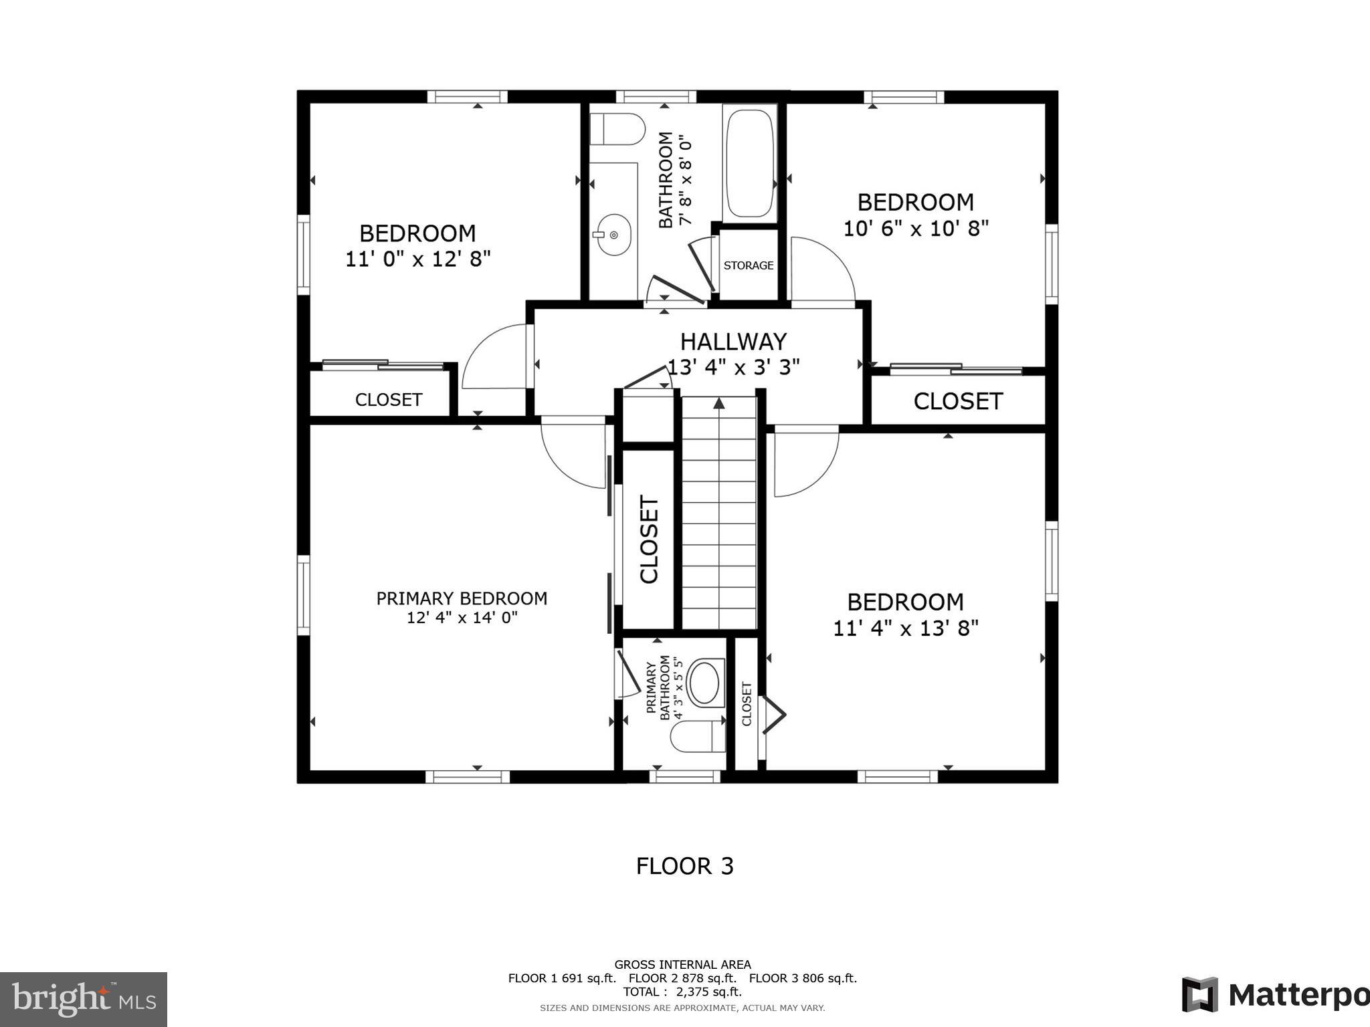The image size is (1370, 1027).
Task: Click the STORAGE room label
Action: pyautogui.click(x=748, y=265)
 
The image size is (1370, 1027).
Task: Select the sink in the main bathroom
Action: pyautogui.click(x=613, y=235)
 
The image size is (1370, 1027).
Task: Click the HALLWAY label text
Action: pyautogui.click(x=733, y=342)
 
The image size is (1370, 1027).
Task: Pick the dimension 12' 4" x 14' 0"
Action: pyautogui.click(x=462, y=617)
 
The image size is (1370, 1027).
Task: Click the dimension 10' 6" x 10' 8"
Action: pyautogui.click(x=915, y=229)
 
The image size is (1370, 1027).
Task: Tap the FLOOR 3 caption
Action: pyautogui.click(x=684, y=866)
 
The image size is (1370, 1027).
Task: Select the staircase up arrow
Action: pyautogui.click(x=719, y=403)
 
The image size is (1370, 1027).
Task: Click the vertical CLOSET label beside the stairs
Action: pyautogui.click(x=649, y=539)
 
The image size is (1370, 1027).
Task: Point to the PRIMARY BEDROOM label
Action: pyautogui.click(x=462, y=598)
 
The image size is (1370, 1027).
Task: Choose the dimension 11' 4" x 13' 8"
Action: pyautogui.click(x=905, y=629)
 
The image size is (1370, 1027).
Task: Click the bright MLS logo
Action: pyautogui.click(x=83, y=1000)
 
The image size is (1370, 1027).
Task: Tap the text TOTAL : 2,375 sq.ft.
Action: pyautogui.click(x=682, y=992)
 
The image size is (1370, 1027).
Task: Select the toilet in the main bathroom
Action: pyautogui.click(x=617, y=129)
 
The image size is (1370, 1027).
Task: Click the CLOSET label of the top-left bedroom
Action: pyautogui.click(x=388, y=400)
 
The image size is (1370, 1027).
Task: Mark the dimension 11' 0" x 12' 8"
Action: pyautogui.click(x=417, y=259)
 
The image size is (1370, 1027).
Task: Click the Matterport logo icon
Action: pyautogui.click(x=1199, y=994)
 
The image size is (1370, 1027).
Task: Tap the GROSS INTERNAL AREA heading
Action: pyautogui.click(x=682, y=964)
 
